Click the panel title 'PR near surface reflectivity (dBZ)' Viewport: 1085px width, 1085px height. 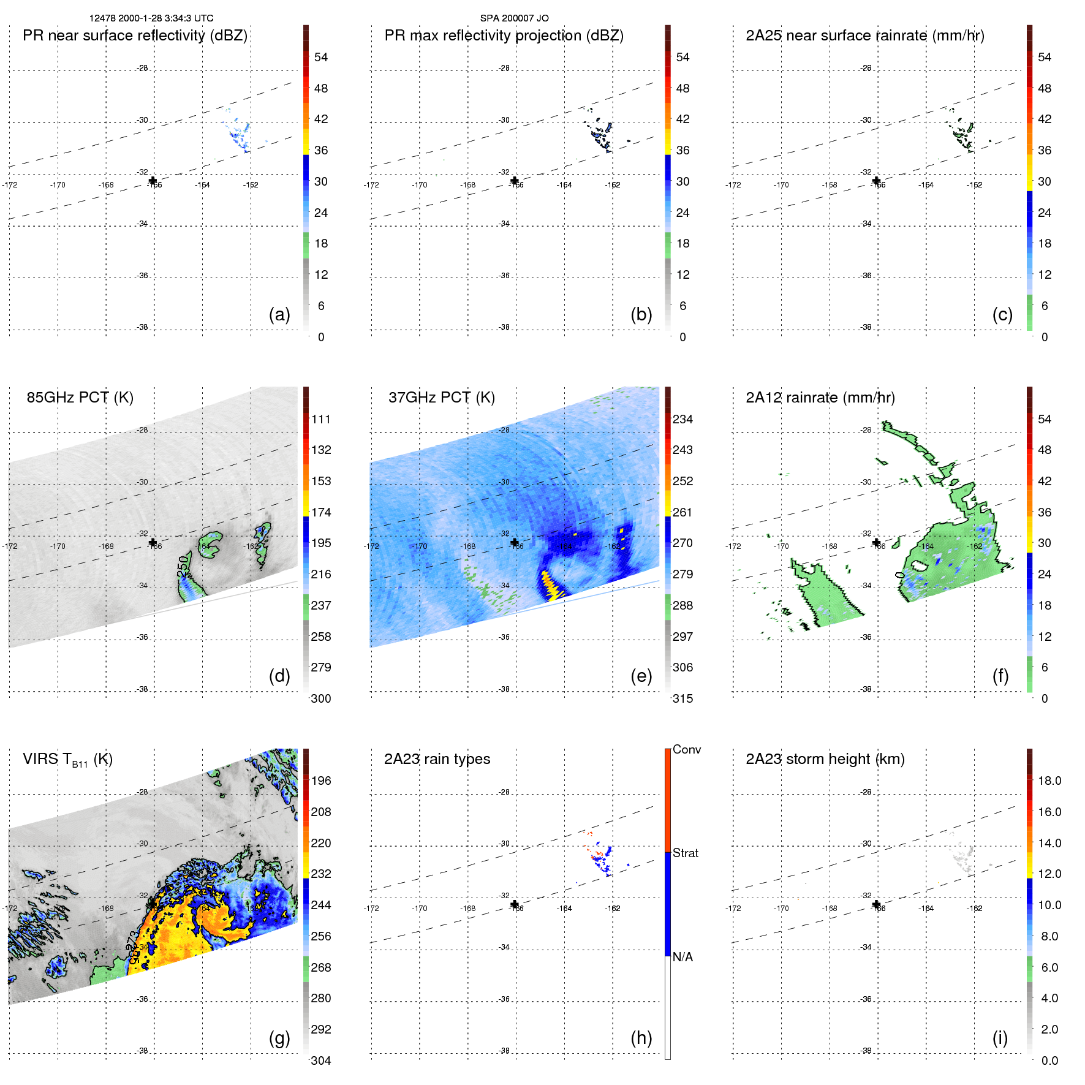(x=135, y=36)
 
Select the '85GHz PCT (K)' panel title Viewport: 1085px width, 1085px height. (x=80, y=398)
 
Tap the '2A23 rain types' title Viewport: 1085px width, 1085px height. (x=437, y=759)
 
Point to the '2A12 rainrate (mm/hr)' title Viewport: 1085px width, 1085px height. (x=820, y=398)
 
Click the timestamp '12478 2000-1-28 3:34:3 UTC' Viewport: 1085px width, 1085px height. (x=151, y=18)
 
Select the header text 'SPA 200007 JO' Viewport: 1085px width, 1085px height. (x=514, y=18)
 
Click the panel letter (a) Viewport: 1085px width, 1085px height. (x=279, y=314)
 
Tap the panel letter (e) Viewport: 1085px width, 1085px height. (x=641, y=676)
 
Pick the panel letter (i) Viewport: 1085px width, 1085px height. (x=1000, y=1038)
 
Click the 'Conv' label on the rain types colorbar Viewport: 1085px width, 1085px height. (x=687, y=749)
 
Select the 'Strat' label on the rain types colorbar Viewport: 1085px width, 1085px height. (x=686, y=853)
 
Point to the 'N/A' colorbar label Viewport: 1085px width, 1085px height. (x=682, y=957)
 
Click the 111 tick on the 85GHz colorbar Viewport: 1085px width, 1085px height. (x=320, y=419)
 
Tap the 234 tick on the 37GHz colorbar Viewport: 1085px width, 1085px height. (x=682, y=419)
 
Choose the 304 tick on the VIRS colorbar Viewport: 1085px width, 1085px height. (x=320, y=1060)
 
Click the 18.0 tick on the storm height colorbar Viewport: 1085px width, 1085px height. (x=1049, y=781)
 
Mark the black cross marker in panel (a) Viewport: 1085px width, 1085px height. (x=153, y=180)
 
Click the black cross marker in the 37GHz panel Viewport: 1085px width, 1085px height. (x=515, y=542)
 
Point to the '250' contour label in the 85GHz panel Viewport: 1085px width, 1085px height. (x=183, y=566)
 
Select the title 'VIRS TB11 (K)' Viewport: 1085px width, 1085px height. (x=67, y=760)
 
